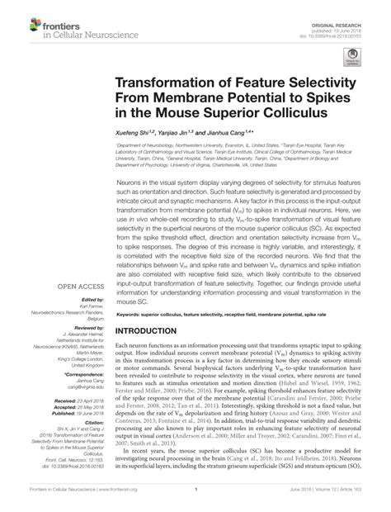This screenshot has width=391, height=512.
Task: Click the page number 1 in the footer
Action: pos(195,501)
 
